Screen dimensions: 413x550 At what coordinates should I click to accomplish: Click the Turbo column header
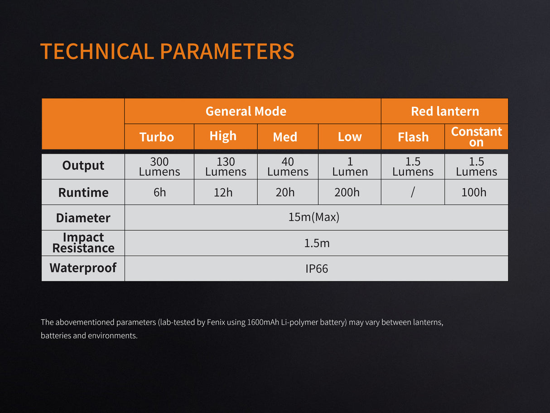point(157,137)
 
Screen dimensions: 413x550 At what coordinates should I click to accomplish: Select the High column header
point(223,136)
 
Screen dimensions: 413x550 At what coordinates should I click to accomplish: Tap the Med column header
point(285,137)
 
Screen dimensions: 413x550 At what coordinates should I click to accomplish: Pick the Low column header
point(350,137)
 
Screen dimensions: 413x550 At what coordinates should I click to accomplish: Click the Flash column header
point(413,137)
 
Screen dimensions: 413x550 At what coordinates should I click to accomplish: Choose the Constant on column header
point(476,136)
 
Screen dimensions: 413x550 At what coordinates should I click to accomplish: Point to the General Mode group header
point(246,111)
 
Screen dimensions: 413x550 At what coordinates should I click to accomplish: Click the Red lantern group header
point(445,111)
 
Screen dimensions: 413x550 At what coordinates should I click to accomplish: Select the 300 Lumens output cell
point(159,166)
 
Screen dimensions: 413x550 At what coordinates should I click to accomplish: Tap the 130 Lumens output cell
point(226,166)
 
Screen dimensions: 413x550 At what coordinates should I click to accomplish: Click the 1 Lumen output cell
point(350,166)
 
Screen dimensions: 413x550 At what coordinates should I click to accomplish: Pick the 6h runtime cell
point(159,192)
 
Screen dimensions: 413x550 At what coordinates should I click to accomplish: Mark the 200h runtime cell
point(347,192)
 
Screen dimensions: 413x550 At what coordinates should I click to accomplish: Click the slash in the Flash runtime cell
point(413,192)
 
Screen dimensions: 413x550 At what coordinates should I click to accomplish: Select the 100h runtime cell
point(474,192)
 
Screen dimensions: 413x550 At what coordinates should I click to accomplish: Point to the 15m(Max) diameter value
point(314,217)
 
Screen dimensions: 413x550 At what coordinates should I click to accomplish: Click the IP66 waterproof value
point(317,268)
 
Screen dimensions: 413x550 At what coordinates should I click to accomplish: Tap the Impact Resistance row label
point(83,243)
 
